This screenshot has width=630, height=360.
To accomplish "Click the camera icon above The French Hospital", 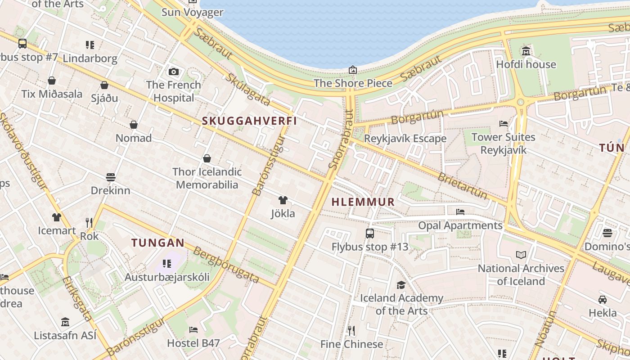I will (x=173, y=72).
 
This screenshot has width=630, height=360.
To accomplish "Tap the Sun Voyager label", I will (x=192, y=12).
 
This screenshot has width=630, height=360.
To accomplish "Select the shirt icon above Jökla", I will (x=283, y=200).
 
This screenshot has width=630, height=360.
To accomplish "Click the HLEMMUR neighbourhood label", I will (x=363, y=202).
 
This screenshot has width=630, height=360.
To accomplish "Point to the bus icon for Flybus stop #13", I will (x=370, y=234).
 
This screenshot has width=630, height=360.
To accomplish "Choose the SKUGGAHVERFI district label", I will (x=249, y=121).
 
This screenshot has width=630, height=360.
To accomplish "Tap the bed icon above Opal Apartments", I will (x=460, y=211).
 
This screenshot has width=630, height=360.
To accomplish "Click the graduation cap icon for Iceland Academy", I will (x=401, y=285).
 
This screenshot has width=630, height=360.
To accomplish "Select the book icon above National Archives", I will (x=521, y=255).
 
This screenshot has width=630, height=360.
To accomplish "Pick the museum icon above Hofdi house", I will (x=526, y=51).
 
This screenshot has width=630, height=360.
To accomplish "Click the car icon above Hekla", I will (x=603, y=299).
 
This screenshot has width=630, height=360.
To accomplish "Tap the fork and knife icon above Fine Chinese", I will (x=351, y=331).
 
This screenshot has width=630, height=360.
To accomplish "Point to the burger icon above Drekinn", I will (x=111, y=177).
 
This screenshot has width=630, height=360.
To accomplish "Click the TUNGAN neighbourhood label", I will (x=158, y=243).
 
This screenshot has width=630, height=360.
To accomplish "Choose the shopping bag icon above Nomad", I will (x=134, y=125).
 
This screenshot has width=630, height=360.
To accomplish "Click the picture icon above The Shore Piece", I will (x=353, y=70).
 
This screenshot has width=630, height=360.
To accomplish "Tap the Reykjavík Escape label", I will (x=405, y=138).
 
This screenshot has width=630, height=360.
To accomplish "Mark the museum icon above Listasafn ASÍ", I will (x=65, y=322).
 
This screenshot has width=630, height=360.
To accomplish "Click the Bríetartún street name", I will (x=463, y=185).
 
